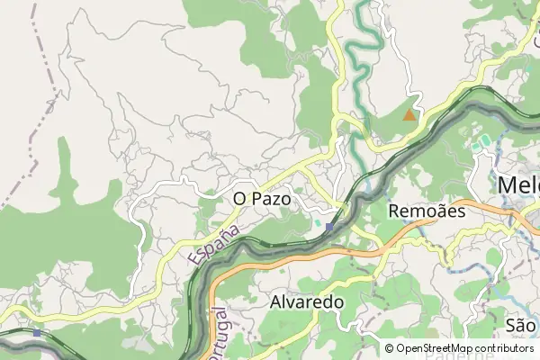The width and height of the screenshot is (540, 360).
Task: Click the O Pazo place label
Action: coord(262,196)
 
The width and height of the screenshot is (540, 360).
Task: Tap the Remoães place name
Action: coord(426,211)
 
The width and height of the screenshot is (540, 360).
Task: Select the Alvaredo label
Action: coord(307,303)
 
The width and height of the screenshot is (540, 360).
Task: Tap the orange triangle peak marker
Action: coord(409,115)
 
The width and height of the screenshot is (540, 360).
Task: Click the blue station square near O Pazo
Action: coord(329,227)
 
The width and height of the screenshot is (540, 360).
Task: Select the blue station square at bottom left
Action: coord(36,332)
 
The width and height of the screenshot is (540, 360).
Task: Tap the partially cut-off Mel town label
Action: coord(518,184)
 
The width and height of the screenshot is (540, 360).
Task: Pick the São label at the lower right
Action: coord(521,324)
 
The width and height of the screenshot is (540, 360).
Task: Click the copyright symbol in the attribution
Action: coord(389,348)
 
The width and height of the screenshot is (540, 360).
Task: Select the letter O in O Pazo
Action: coord(239,196)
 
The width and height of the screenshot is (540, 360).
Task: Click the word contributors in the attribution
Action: coord(500,348)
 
